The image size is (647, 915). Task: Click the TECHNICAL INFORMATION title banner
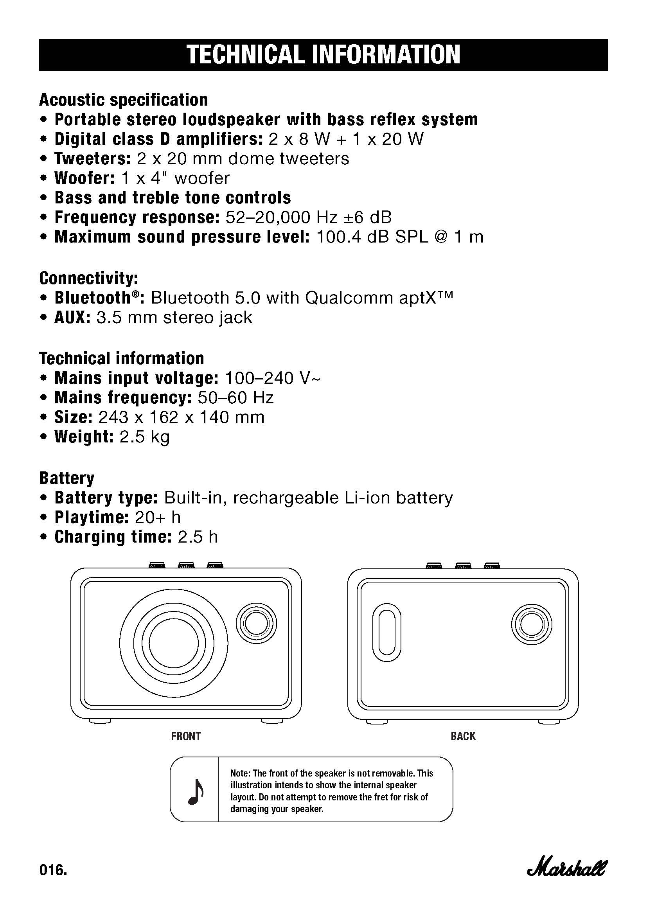click(323, 55)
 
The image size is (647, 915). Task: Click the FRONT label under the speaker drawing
click(186, 736)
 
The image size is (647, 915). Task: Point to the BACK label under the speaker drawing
click(463, 736)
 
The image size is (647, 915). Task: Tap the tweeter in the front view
click(256, 623)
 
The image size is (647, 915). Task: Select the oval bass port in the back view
click(386, 632)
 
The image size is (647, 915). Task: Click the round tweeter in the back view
click(532, 625)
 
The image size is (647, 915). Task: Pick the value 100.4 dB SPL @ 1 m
click(400, 237)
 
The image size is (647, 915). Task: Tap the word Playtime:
click(91, 517)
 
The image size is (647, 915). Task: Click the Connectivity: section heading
click(89, 278)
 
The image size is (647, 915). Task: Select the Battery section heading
click(67, 478)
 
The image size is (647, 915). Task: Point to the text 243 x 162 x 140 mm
click(181, 417)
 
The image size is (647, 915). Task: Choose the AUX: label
click(72, 318)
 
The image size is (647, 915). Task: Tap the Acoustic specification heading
click(124, 100)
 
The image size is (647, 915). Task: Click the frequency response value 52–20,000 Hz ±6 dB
click(308, 217)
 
